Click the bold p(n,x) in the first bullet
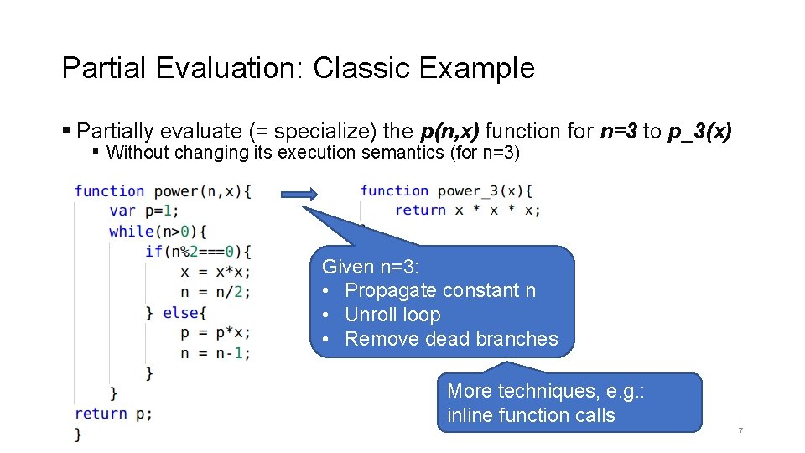click(449, 131)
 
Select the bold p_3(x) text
click(700, 131)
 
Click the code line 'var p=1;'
click(143, 211)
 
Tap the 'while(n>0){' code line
click(158, 231)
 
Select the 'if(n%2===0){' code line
click(198, 251)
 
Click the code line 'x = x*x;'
click(215, 272)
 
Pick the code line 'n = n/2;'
click(215, 292)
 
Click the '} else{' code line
click(174, 312)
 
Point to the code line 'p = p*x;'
click(215, 333)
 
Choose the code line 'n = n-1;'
click(215, 353)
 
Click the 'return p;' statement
click(113, 414)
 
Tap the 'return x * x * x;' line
click(467, 211)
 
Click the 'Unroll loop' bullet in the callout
click(392, 315)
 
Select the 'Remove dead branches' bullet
click(451, 339)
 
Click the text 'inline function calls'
click(531, 415)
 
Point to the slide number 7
click(740, 432)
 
